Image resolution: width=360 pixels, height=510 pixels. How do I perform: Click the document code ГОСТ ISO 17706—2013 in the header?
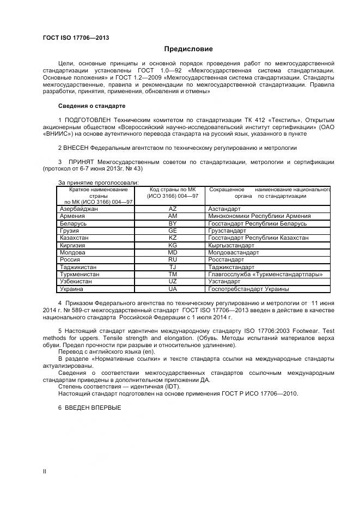(76, 38)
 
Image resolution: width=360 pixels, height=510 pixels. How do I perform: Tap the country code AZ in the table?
(173, 209)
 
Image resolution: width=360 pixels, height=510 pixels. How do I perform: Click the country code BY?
(173, 223)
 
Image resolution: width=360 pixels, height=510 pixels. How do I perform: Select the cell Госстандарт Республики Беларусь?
(257, 223)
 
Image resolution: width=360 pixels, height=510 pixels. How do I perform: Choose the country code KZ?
(173, 238)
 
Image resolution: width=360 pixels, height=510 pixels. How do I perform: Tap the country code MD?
(173, 253)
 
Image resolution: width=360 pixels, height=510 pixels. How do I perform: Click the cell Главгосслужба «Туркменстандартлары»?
(265, 275)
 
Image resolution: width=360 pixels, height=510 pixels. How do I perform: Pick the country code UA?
(173, 289)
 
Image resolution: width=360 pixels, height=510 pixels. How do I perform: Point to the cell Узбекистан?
(77, 282)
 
